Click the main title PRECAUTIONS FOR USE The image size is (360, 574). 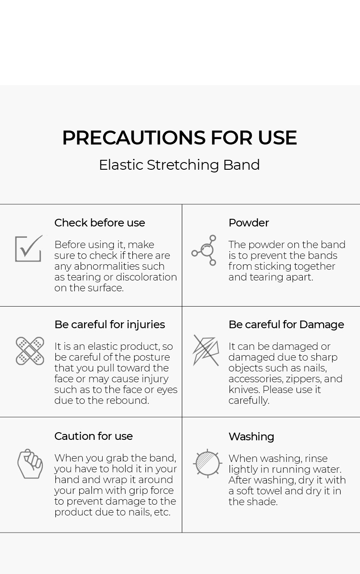click(180, 138)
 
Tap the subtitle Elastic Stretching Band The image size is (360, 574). click(180, 165)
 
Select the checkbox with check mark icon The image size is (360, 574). click(29, 249)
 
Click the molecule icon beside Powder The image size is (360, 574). click(204, 250)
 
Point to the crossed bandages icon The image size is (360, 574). click(30, 351)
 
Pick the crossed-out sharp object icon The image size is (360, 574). click(206, 350)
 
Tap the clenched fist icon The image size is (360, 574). click(30, 464)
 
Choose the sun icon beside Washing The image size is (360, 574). click(207, 464)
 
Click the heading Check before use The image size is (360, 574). click(99, 223)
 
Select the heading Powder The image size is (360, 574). click(248, 223)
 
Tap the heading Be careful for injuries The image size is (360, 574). click(110, 325)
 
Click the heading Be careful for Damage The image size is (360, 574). click(286, 325)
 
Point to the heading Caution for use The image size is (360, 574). click(94, 436)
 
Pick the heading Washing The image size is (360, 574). click(252, 437)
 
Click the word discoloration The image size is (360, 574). click(146, 277)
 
